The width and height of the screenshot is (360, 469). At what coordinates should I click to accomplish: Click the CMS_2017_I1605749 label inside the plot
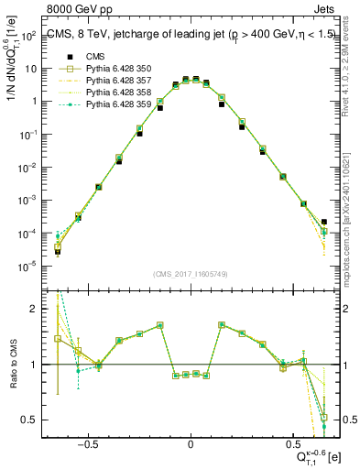point(189,274)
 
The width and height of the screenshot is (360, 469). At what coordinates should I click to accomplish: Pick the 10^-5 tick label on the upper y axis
point(27,267)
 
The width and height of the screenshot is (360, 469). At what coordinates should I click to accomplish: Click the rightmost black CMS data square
point(324,222)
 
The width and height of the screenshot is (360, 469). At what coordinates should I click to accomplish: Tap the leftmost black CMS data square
point(57,251)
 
